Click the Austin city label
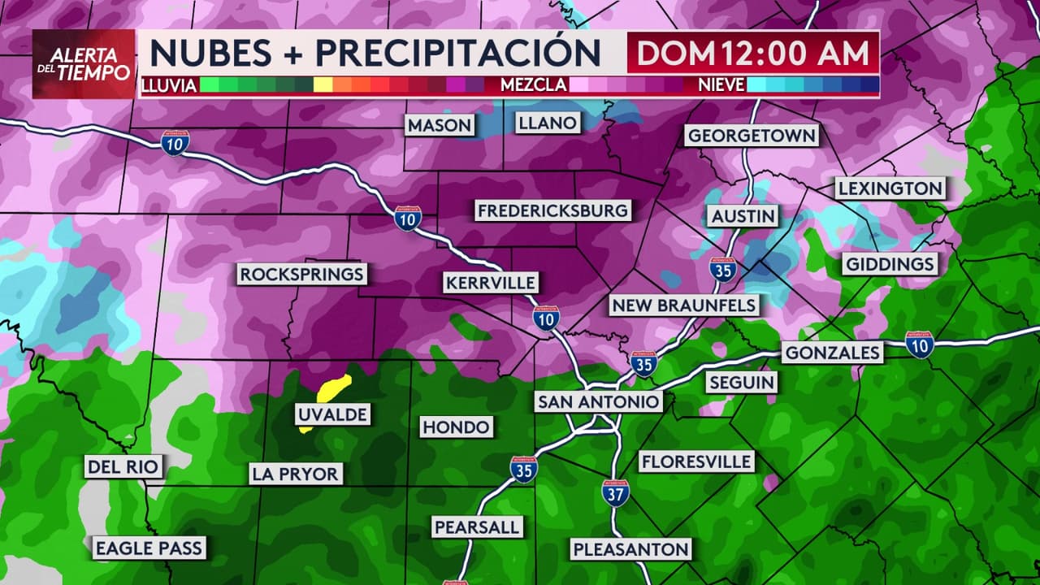click(x=743, y=216)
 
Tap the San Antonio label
click(x=598, y=402)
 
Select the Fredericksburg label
click(x=552, y=211)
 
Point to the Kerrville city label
click(x=491, y=283)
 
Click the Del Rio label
click(x=123, y=466)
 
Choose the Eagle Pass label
click(x=148, y=548)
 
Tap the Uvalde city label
click(x=331, y=414)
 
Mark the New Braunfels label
click(x=684, y=305)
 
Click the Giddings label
click(x=890, y=264)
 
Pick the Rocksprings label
click(x=301, y=274)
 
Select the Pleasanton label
click(x=631, y=549)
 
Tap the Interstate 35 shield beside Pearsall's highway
click(x=523, y=470)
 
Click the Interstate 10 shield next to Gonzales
click(x=920, y=344)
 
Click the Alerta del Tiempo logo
click(x=84, y=64)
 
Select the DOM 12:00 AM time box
click(x=752, y=53)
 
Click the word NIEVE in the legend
click(x=721, y=84)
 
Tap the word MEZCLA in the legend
click(x=533, y=84)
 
